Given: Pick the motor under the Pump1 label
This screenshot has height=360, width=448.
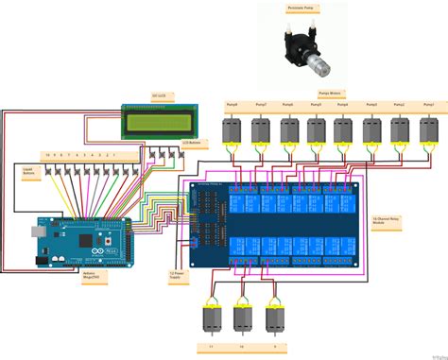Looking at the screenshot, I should pyautogui.click(x=429, y=130).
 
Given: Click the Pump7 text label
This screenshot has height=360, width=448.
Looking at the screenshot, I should pyautogui.click(x=260, y=105).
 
